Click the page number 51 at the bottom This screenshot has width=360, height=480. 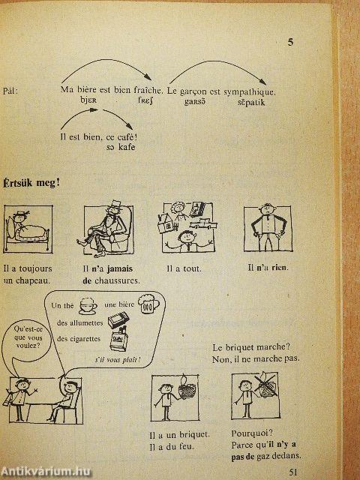click(293, 472)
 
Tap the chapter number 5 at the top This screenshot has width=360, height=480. click(290, 42)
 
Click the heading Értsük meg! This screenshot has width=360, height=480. click(31, 183)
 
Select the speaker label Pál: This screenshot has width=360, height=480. click(10, 91)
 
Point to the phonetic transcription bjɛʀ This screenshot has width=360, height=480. click(88, 100)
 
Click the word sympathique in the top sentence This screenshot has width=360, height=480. click(250, 91)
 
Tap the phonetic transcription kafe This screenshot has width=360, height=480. click(127, 147)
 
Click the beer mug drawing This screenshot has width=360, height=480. click(148, 303)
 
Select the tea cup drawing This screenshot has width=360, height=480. click(88, 307)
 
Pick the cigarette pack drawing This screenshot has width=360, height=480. click(118, 340)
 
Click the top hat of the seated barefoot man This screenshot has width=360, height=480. click(115, 205)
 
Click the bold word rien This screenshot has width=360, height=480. click(280, 268)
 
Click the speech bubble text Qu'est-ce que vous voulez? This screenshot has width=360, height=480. click(28, 337)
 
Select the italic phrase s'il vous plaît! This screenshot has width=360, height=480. click(118, 359)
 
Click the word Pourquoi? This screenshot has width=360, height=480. click(252, 433)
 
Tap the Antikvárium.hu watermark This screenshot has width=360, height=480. click(45, 472)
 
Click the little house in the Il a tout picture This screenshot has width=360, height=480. click(167, 223)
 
